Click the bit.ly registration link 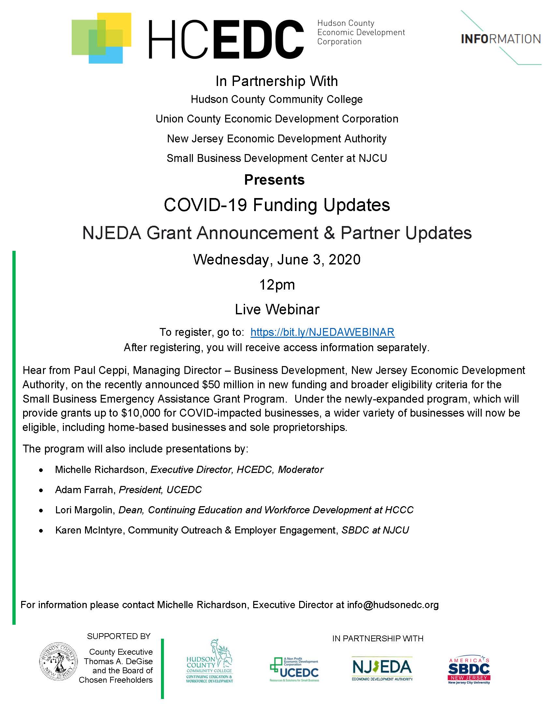click(322, 332)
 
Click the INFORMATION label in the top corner click(501, 39)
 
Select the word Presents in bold click(274, 180)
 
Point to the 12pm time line click(277, 285)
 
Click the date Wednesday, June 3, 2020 click(277, 260)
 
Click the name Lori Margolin click(84, 510)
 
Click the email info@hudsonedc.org click(393, 605)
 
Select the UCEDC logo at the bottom click(294, 669)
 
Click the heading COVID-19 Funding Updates click(277, 205)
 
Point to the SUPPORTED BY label click(119, 636)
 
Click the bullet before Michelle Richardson click(41, 470)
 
